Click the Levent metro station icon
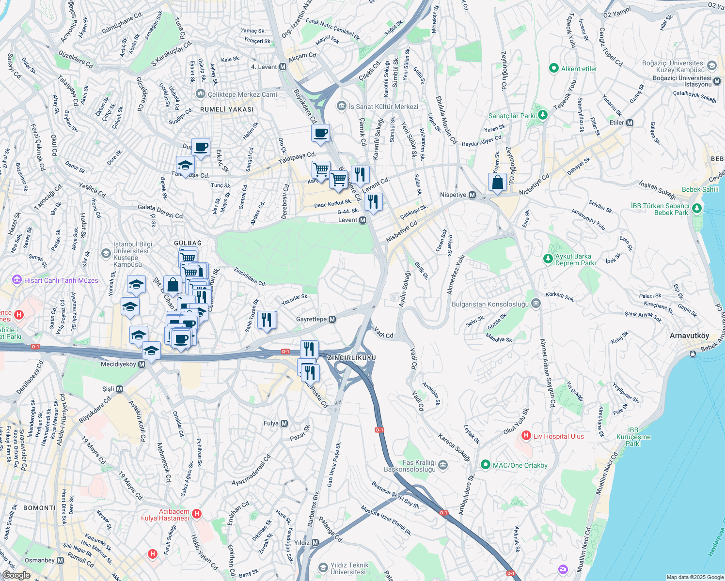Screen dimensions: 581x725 362,220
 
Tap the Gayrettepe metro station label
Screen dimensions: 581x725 312,320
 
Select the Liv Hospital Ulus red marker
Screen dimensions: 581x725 526,436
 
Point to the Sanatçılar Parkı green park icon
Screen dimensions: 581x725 543,115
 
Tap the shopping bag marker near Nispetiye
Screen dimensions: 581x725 497,183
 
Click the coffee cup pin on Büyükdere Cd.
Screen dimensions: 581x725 320,133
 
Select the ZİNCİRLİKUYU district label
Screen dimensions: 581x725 351,358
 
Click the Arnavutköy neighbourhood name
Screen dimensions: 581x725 689,336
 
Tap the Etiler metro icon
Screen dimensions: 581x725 630,122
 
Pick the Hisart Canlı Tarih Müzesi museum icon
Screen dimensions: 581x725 17,280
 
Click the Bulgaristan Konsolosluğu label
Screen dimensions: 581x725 490,304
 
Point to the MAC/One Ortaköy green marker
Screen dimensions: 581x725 485,465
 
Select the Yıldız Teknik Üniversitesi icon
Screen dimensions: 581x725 323,567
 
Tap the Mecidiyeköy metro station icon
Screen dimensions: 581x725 142,364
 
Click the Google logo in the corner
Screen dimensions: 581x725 16,575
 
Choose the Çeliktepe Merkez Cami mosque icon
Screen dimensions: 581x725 200,94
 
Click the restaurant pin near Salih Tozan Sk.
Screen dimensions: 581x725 267,320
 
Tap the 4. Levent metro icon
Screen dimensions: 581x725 283,67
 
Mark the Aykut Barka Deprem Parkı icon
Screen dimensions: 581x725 548,259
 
